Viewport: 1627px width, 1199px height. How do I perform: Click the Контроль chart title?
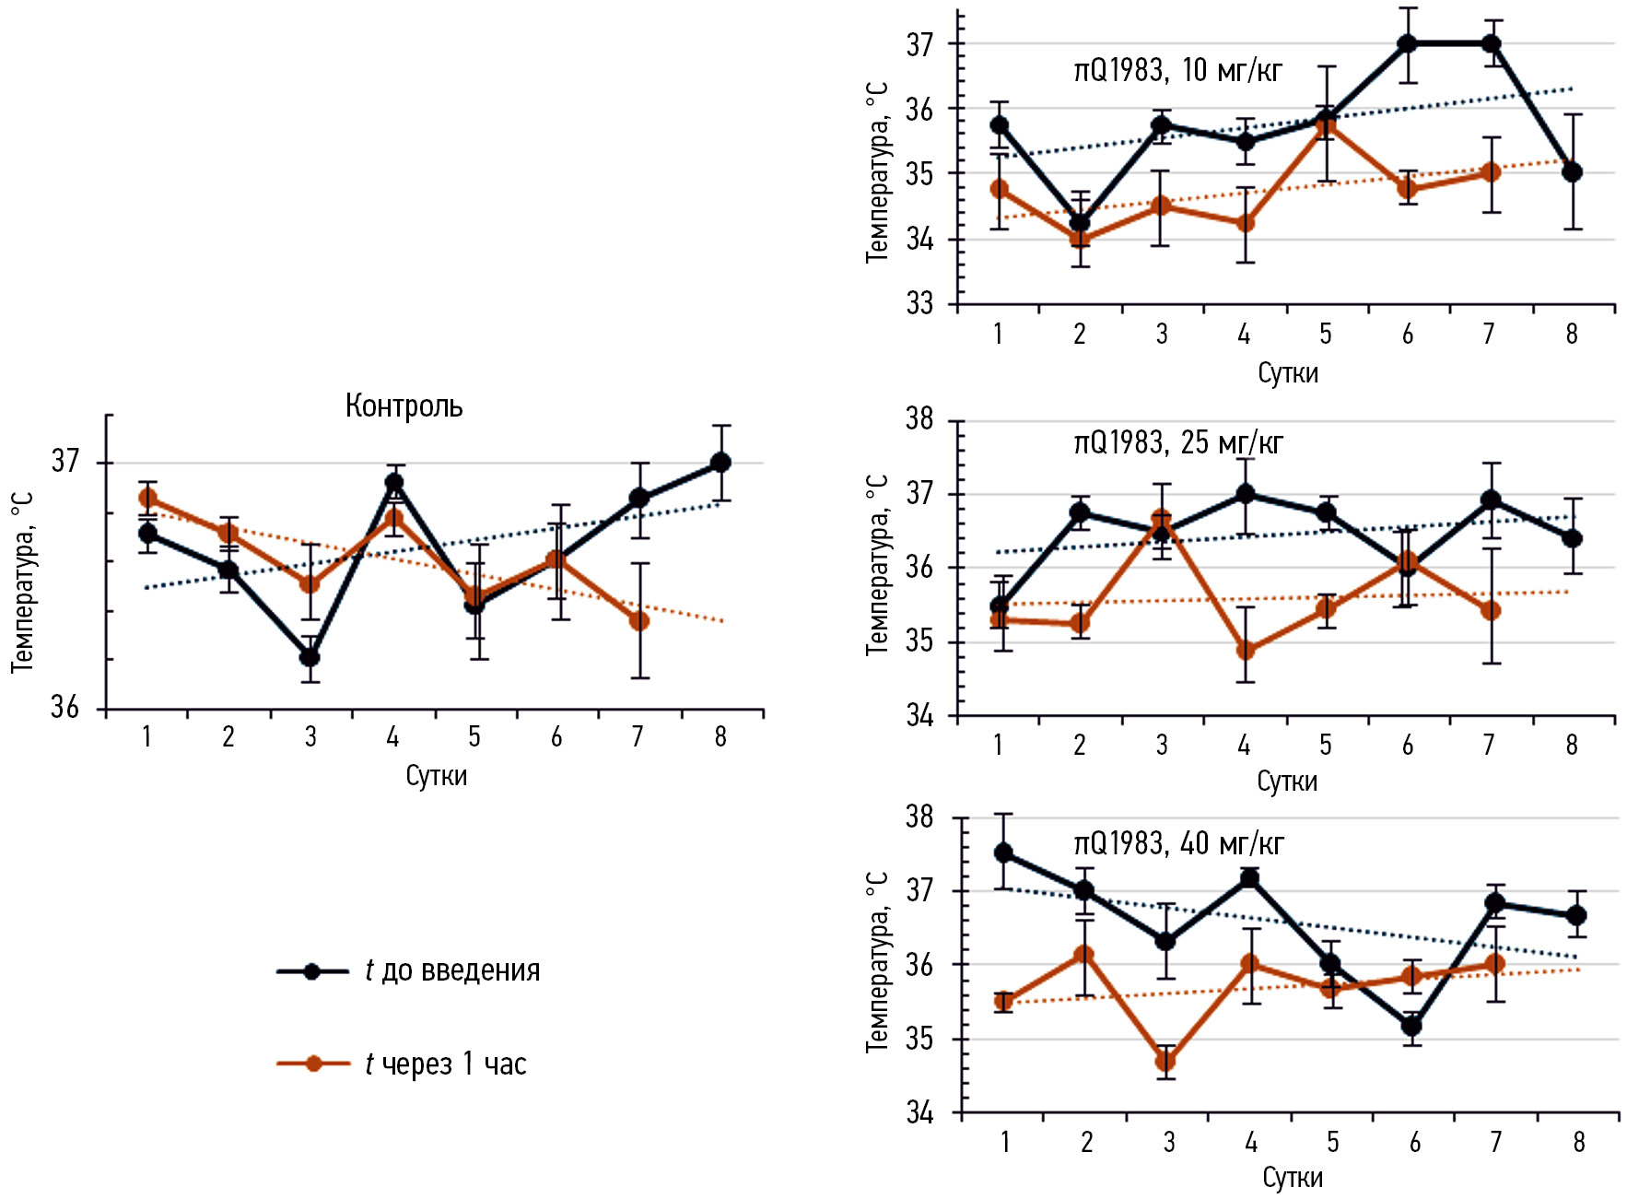point(404,406)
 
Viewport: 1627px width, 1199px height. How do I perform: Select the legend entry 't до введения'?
point(451,970)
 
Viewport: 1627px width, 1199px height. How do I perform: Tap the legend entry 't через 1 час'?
point(445,1064)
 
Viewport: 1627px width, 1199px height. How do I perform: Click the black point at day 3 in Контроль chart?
point(310,657)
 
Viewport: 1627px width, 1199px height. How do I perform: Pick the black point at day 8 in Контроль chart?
point(720,463)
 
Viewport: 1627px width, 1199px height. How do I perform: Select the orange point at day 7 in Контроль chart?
point(638,621)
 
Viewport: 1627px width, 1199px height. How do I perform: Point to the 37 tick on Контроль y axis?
point(65,461)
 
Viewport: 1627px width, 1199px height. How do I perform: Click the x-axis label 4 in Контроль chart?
point(392,736)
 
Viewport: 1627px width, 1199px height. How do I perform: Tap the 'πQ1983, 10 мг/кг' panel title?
point(1177,70)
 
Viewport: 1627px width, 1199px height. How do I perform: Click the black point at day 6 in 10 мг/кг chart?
point(1407,44)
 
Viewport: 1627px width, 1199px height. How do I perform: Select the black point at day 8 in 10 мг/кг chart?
point(1572,172)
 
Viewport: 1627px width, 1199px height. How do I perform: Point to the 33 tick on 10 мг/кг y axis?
point(919,303)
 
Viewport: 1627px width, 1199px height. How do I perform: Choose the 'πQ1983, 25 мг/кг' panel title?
point(1178,443)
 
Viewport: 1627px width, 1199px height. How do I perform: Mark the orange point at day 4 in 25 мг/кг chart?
point(1245,650)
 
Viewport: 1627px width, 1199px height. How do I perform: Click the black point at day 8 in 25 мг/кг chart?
point(1572,538)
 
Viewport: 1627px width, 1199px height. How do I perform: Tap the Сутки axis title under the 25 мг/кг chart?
point(1287,782)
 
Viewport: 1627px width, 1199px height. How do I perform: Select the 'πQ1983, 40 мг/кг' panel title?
point(1178,844)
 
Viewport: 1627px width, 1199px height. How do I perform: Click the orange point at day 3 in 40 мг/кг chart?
point(1165,1061)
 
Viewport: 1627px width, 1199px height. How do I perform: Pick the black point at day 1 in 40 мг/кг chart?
point(1003,853)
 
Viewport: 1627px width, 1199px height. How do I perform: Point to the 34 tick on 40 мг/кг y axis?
point(919,1113)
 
